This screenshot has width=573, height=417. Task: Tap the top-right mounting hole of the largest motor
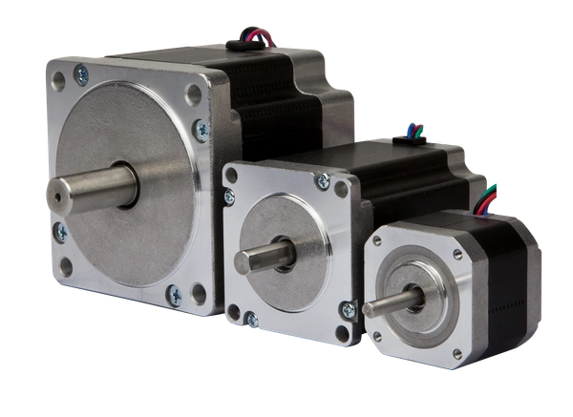[x=195, y=94]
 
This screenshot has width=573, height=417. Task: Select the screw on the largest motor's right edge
[x=202, y=129]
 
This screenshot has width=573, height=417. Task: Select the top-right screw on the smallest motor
[x=457, y=253]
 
